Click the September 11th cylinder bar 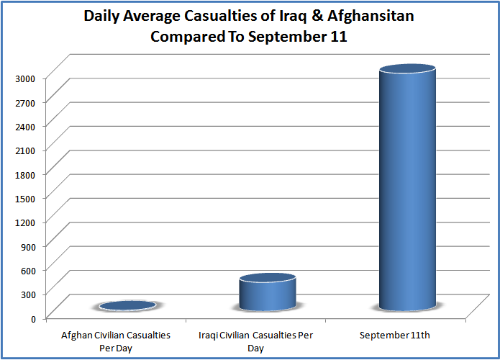click(x=407, y=187)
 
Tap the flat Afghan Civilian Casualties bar click(x=127, y=306)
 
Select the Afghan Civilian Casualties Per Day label click(x=116, y=341)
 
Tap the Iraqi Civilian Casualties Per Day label click(x=255, y=341)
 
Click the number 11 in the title click(x=338, y=37)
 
